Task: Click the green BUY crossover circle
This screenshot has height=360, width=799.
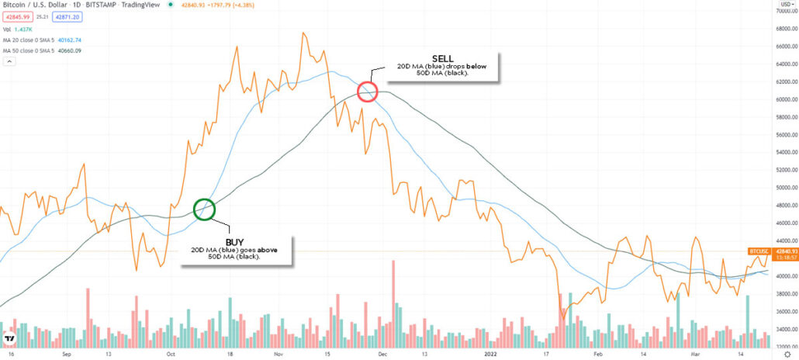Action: [204, 209]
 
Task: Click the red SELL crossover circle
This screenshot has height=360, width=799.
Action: [367, 92]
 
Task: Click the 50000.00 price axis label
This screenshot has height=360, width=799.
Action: [778, 188]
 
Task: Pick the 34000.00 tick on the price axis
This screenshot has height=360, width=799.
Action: [778, 329]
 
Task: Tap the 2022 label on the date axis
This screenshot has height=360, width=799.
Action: [491, 351]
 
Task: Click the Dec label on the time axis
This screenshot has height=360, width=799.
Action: [382, 351]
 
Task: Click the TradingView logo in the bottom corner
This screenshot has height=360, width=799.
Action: [10, 339]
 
